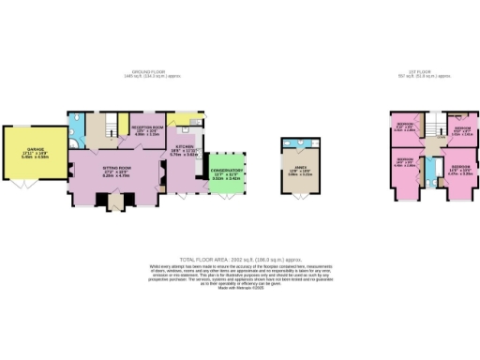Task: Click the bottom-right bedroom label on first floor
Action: pos(460,170)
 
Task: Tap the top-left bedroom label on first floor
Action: pos(406,127)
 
